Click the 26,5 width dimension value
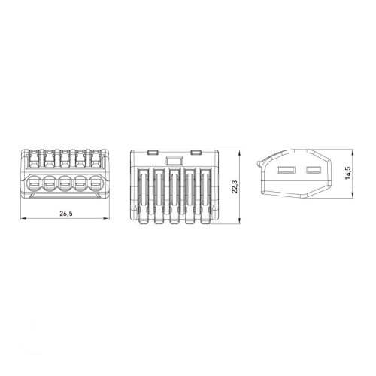point(66,214)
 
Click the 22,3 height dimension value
point(235,186)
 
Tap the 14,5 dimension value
point(348,173)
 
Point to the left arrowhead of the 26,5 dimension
point(23,219)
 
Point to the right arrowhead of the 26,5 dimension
point(107,219)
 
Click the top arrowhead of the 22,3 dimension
point(240,153)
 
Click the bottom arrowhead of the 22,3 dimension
point(240,220)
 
